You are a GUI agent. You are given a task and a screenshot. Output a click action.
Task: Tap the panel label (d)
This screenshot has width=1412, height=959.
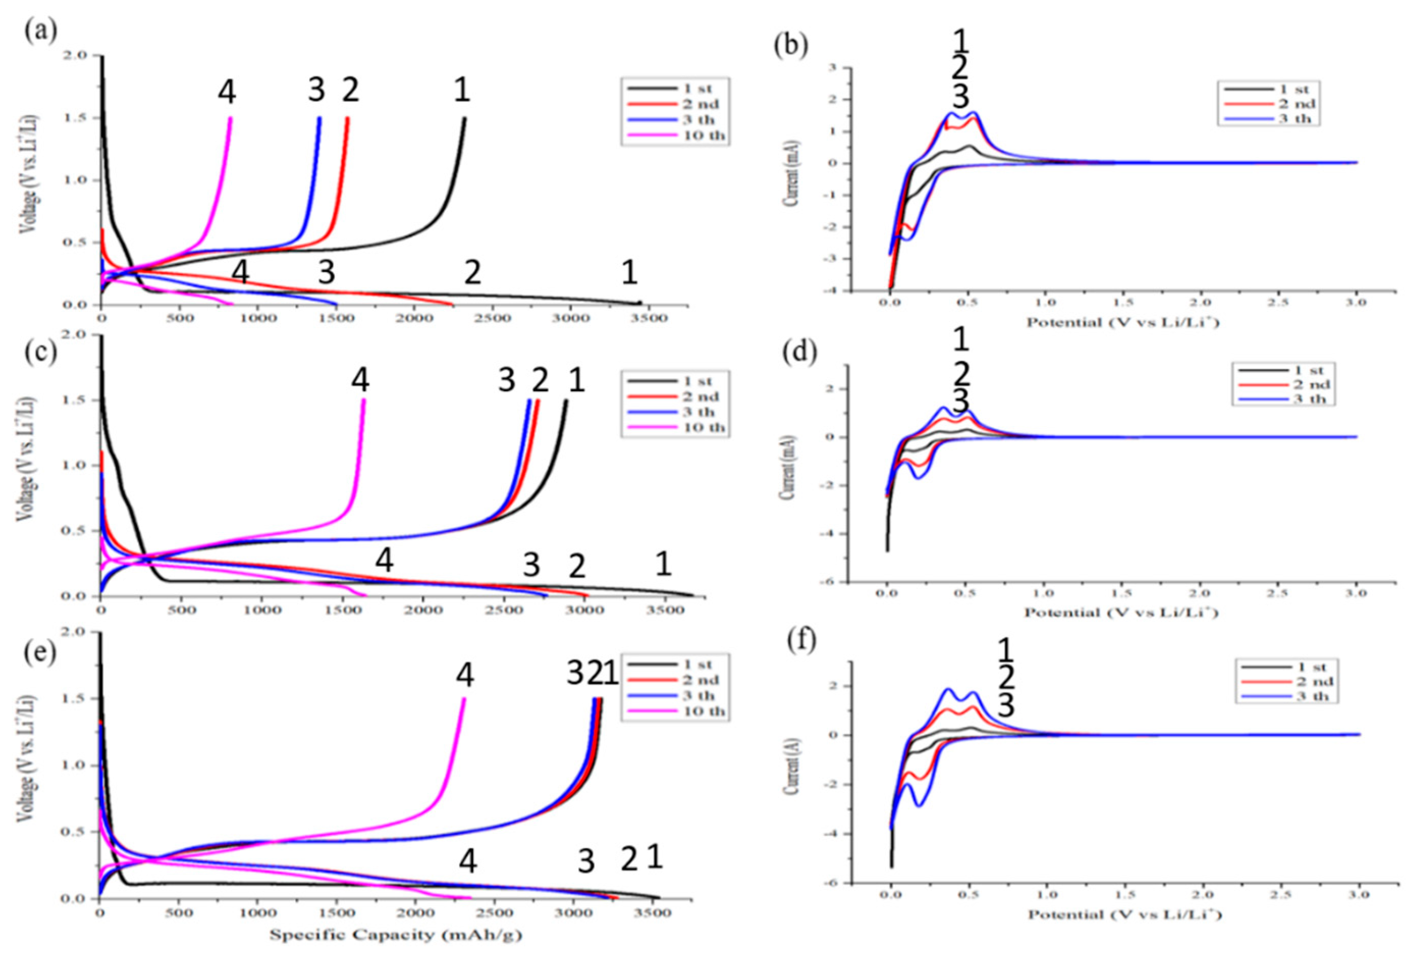pos(792,353)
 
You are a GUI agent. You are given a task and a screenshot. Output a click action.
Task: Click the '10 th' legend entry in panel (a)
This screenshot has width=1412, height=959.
pos(674,135)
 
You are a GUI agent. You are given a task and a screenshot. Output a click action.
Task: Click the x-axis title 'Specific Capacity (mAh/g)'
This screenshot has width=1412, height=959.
pos(395,935)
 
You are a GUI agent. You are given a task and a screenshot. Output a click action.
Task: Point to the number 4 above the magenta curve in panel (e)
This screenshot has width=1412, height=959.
pos(466,675)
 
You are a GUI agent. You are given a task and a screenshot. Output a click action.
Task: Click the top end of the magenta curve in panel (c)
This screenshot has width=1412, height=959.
pos(364,400)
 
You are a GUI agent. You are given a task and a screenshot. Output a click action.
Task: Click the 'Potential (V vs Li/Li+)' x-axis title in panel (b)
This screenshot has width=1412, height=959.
pos(1122,322)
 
